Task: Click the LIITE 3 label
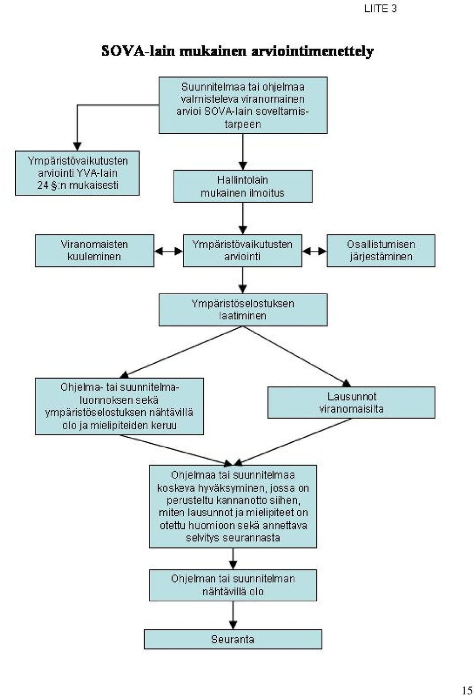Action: click(380, 9)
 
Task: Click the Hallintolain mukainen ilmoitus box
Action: click(243, 186)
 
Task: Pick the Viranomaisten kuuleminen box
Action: click(94, 250)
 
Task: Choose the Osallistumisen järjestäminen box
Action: click(381, 250)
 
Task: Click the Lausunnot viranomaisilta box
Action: click(351, 402)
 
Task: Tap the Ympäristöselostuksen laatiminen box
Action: click(243, 309)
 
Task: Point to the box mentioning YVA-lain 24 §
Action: click(77, 173)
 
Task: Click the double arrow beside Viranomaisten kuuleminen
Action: click(168, 251)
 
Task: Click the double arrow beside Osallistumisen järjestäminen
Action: click(315, 251)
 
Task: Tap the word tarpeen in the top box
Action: click(243, 124)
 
